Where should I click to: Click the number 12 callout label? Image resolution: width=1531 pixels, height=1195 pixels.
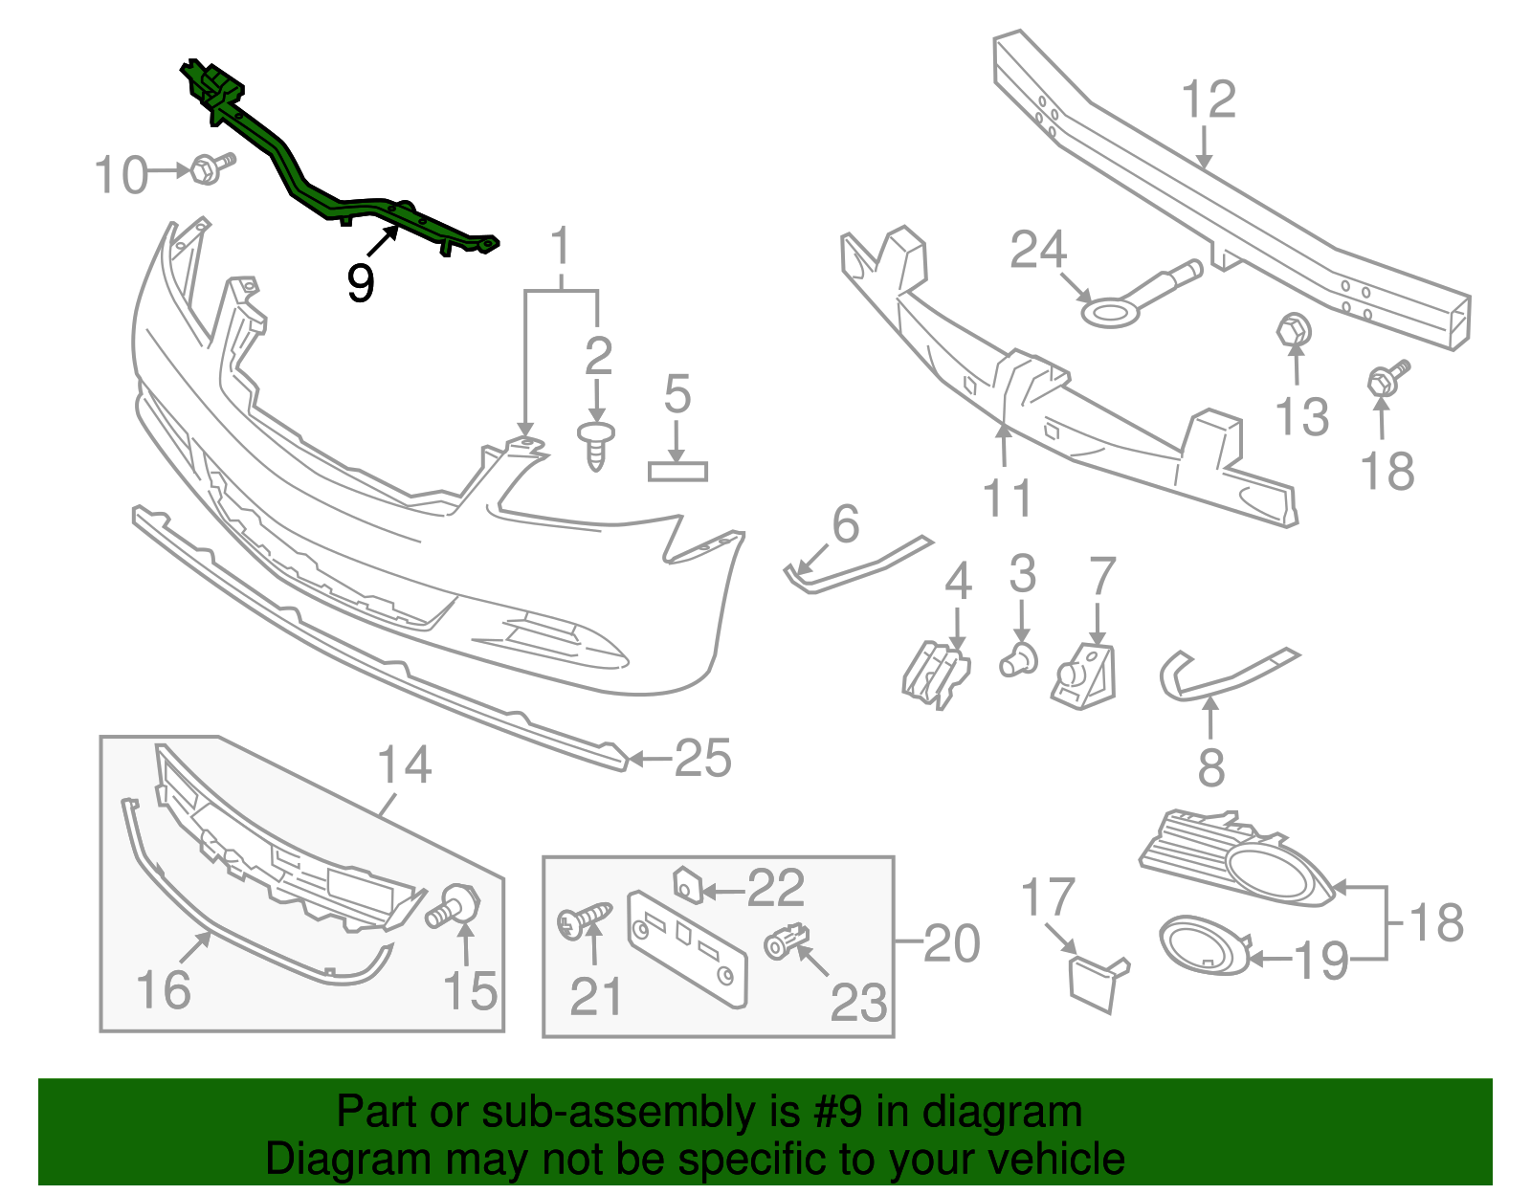click(x=1209, y=100)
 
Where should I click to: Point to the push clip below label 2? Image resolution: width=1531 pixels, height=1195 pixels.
click(x=596, y=446)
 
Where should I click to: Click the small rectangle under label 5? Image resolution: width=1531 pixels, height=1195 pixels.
click(x=677, y=471)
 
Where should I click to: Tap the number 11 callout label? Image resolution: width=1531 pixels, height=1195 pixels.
click(x=1008, y=498)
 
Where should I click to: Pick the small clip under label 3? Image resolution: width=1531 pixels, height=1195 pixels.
click(x=1020, y=660)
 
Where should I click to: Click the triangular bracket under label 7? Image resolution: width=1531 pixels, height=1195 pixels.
click(x=1086, y=675)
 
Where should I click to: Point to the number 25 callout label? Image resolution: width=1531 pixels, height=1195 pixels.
click(x=703, y=759)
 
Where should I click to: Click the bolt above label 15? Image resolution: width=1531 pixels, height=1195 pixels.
click(x=457, y=906)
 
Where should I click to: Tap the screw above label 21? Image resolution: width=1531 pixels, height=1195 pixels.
click(x=583, y=920)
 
